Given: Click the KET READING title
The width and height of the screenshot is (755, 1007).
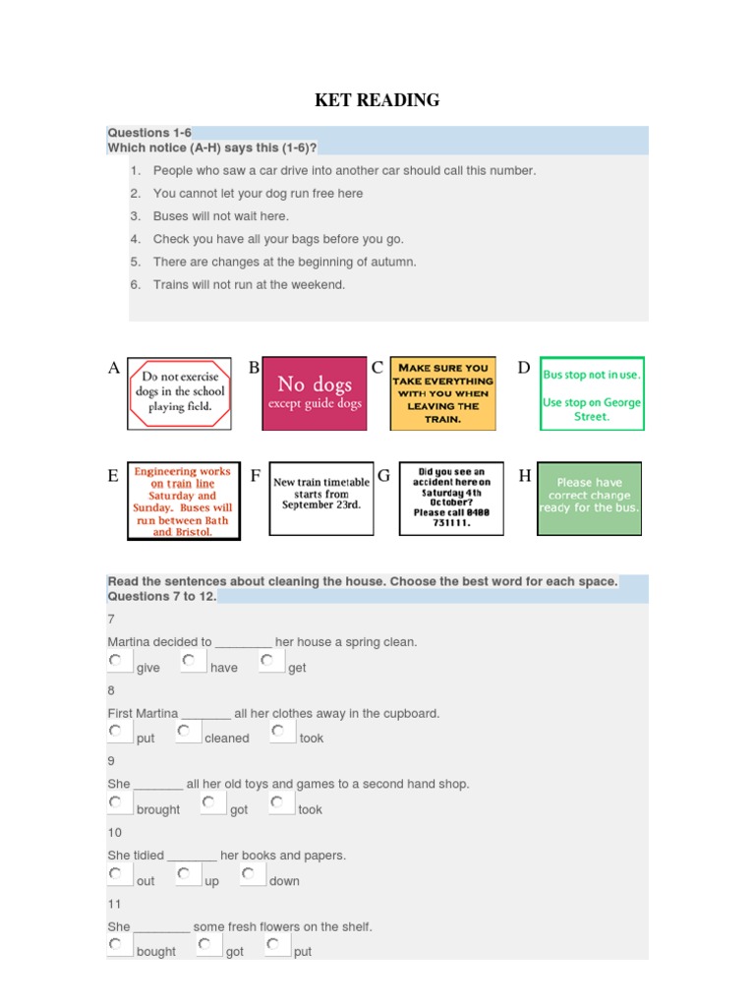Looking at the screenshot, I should click(377, 100).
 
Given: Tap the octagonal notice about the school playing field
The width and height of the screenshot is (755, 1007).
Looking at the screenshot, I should click(179, 393).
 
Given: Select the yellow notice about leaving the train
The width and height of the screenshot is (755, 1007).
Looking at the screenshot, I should click(442, 393).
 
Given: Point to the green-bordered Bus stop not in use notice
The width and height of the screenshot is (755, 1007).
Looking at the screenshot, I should click(592, 393).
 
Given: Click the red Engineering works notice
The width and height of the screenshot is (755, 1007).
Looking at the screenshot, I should click(183, 501).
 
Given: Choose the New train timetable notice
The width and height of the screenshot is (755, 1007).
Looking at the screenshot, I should click(321, 499).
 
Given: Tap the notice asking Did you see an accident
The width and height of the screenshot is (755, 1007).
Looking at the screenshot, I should click(451, 499).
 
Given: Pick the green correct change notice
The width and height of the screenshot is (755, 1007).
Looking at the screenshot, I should click(589, 499).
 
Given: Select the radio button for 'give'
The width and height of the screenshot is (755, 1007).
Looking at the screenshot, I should click(116, 660).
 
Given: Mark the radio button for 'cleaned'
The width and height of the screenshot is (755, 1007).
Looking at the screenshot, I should click(184, 731).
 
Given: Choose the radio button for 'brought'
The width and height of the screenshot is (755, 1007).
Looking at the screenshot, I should click(116, 802).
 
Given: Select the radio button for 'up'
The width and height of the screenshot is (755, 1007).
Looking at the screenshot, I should click(184, 873).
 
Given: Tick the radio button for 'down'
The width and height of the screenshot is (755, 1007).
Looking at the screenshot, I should click(249, 873).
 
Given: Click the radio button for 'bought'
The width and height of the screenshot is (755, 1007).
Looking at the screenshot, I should click(116, 944).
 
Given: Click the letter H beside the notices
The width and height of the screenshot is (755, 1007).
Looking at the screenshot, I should click(525, 476).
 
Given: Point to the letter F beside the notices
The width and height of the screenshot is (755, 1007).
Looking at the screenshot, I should click(256, 476).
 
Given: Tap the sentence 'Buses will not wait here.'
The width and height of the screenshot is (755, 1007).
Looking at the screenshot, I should click(221, 216).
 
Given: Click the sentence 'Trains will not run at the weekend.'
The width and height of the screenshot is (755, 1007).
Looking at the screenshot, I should click(249, 285).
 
